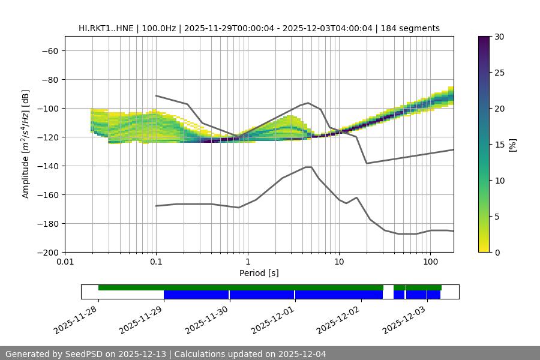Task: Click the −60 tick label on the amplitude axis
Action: [49, 50]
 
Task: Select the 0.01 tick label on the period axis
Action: [65, 262]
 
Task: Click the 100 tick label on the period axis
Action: [430, 262]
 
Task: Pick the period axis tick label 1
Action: [247, 262]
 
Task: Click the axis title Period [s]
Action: [259, 273]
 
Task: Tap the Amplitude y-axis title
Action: [25, 144]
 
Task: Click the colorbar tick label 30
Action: [499, 37]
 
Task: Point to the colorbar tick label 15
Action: [499, 145]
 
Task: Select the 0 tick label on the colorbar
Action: [496, 252]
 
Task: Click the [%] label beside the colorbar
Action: [512, 145]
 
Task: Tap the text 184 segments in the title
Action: [414, 28]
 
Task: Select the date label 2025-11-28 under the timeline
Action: [77, 319]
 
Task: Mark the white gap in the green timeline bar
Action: [388, 288]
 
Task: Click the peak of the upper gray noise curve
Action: [308, 103]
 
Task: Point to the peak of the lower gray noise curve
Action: [308, 167]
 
